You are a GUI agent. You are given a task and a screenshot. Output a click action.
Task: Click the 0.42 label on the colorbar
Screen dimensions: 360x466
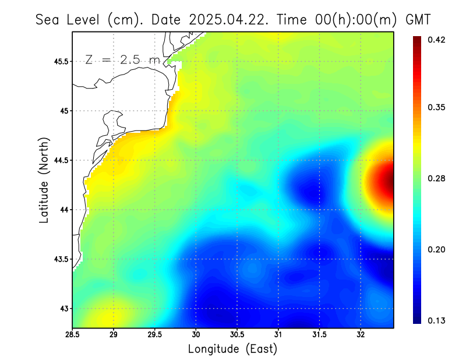(436, 40)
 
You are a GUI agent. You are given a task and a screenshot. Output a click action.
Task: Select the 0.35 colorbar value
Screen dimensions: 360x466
(436, 107)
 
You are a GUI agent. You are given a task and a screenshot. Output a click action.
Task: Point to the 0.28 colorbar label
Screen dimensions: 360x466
(436, 178)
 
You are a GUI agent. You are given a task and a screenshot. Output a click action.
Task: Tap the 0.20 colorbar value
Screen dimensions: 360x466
(436, 249)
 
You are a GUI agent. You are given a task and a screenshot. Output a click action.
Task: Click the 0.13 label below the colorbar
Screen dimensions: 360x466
(436, 320)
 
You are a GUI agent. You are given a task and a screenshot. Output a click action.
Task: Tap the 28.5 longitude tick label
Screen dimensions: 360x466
(73, 334)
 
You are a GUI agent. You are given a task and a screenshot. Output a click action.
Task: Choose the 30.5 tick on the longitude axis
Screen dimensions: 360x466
(237, 334)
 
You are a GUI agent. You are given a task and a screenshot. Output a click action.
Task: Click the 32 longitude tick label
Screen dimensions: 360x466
(361, 334)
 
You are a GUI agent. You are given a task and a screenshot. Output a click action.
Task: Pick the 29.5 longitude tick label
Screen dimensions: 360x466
(155, 334)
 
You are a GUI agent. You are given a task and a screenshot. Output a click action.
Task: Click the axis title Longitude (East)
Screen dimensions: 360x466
(232, 349)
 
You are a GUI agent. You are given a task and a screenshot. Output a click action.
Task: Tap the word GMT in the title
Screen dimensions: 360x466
(418, 19)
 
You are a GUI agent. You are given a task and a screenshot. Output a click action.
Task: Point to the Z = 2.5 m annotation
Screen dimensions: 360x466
(122, 59)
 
